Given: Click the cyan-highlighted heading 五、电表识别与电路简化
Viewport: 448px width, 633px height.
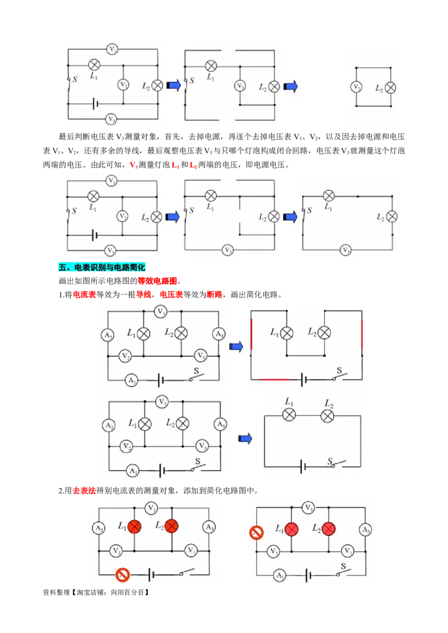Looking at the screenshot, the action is click(101, 267).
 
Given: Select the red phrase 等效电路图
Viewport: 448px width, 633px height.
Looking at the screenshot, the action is click(157, 281).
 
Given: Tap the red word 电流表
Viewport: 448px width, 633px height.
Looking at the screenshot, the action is click(85, 295).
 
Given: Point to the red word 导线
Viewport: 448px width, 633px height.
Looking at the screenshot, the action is click(143, 295).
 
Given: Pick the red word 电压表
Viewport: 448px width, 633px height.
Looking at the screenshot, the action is click(171, 295).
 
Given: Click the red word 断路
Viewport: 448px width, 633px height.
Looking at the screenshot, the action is click(214, 295).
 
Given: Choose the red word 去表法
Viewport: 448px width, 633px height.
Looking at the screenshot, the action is click(84, 490).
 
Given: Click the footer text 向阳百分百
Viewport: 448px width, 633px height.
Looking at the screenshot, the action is click(127, 593).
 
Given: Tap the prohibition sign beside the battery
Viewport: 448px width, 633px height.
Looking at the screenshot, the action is click(122, 574).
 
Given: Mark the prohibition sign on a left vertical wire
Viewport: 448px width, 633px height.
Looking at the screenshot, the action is click(256, 532).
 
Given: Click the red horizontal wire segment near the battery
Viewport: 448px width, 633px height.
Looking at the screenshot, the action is click(274, 380).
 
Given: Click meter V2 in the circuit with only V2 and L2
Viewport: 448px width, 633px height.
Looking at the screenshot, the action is click(356, 87).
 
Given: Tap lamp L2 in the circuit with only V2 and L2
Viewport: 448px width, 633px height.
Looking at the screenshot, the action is click(390, 88).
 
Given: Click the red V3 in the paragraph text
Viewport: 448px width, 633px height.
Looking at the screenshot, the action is click(133, 165).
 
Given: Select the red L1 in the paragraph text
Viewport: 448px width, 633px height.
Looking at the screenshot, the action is click(175, 165).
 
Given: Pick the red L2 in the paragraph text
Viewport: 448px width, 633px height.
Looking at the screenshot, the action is click(193, 165).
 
